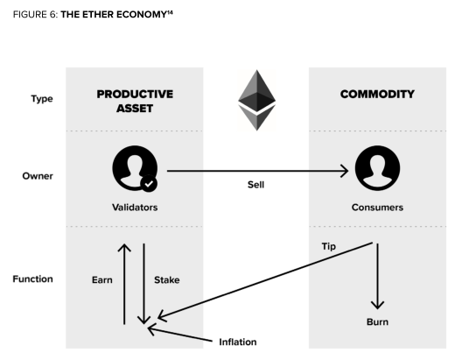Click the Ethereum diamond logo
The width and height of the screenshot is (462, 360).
257,100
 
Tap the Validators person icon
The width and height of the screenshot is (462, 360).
135,168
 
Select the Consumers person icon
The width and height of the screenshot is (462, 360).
377,168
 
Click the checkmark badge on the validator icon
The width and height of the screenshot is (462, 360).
149,183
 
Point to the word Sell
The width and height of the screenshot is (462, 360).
255,185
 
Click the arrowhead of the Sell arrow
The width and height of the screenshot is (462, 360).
345,171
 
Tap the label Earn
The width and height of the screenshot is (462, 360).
102,279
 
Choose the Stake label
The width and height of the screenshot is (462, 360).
167,279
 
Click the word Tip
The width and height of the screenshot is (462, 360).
328,246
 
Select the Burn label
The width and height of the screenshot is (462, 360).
377,322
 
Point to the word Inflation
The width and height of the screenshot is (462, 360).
238,342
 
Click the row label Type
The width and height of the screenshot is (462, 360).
42,99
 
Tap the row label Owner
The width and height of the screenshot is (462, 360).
38,176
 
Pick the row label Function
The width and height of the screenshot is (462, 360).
32,279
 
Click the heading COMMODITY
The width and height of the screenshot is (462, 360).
377,95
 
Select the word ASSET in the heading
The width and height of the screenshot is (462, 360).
135,109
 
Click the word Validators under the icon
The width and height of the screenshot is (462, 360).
135,208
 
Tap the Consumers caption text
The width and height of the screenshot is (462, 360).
377,208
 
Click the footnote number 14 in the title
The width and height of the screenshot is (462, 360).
170,12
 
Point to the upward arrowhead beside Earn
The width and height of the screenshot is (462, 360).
124,248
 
